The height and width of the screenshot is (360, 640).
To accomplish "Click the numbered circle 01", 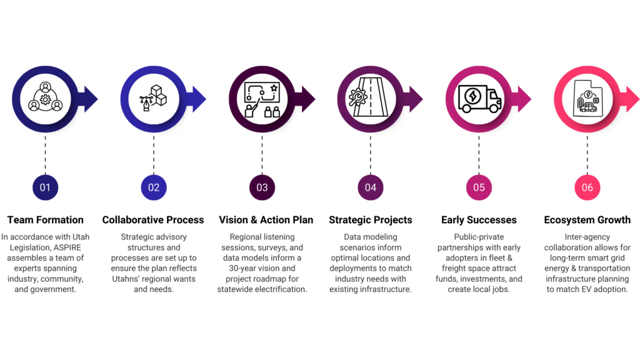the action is click(x=45, y=187).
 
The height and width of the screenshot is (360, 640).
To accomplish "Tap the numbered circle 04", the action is click(x=371, y=187).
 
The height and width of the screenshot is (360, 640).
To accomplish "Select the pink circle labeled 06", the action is click(x=587, y=187).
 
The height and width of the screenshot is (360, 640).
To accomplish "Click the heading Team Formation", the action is click(x=45, y=220).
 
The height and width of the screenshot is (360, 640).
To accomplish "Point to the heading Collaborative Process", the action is click(x=153, y=220).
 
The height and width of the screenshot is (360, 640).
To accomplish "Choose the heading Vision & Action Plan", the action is click(x=266, y=220).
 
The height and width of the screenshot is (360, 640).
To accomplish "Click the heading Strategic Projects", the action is click(x=371, y=220).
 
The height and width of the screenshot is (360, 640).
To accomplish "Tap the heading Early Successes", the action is click(x=479, y=220).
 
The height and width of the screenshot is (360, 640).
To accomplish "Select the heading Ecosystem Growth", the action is click(x=587, y=220).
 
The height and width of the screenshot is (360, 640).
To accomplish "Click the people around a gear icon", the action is click(x=45, y=97).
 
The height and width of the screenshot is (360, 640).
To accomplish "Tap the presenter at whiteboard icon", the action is click(x=262, y=100).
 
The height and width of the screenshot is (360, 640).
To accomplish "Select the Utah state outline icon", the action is click(x=587, y=98).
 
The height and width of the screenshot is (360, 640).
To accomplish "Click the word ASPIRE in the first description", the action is click(x=67, y=247).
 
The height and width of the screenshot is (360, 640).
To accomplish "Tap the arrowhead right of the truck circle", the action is click(x=525, y=99).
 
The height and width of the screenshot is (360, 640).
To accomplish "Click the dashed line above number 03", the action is click(x=262, y=154).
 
